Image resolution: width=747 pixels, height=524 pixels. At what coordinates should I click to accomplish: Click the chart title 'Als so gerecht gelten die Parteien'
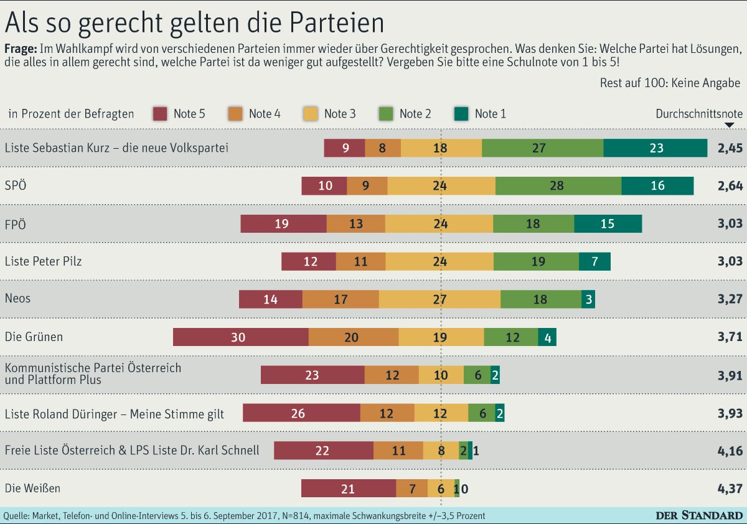(194, 23)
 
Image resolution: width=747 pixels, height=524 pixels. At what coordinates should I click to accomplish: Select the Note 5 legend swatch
(161, 113)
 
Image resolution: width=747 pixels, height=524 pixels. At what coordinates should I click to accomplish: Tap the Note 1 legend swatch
(462, 113)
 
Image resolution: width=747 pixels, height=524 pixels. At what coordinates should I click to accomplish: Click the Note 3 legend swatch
(311, 113)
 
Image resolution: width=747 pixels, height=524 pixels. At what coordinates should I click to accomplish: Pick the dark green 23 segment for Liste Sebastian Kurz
(655, 148)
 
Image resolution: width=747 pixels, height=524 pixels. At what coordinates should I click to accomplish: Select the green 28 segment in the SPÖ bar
(558, 185)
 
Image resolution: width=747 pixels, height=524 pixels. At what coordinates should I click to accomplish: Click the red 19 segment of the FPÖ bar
(283, 223)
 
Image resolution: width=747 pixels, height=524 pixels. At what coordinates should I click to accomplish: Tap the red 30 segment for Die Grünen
(240, 337)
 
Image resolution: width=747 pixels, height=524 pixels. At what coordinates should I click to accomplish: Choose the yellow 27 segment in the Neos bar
(439, 299)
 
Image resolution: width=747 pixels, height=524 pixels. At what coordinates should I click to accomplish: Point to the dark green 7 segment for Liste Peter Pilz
(594, 261)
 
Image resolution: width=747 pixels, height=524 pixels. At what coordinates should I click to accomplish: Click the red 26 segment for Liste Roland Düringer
(301, 413)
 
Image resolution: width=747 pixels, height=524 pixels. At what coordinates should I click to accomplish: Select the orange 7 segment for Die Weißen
(411, 489)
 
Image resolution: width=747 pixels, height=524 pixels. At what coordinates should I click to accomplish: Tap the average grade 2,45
(730, 148)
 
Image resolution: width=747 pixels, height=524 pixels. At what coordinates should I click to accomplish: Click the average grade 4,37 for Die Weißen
(730, 489)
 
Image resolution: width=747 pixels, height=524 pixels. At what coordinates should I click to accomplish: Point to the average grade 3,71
(730, 337)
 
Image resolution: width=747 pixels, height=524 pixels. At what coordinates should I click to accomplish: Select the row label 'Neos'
(17, 298)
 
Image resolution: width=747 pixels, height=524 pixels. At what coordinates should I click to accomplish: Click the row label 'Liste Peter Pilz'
(43, 261)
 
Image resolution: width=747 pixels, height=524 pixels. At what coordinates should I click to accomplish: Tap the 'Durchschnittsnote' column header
(699, 114)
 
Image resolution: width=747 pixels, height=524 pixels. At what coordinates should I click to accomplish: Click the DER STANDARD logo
(700, 515)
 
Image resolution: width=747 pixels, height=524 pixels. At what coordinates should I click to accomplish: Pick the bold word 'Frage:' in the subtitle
(21, 49)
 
